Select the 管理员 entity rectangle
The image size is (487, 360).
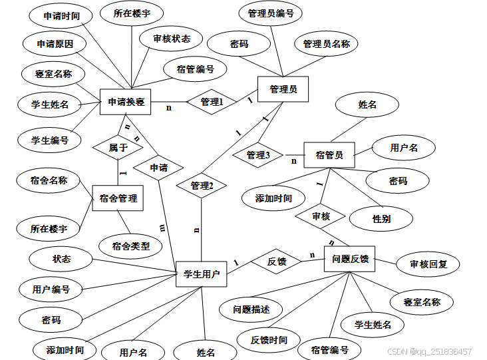pos(283,89)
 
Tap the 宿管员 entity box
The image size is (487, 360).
pos(329,155)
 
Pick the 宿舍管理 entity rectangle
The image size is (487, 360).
pos(118,198)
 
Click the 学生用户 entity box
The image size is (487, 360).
pos(202,273)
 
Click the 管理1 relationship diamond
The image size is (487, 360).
pos(212,102)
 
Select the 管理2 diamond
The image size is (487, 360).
pos(202,186)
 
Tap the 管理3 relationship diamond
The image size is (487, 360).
pos(258,155)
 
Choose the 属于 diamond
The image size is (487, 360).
pos(118,148)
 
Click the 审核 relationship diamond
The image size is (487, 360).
pos(321,216)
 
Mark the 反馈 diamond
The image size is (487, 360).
pos(276,262)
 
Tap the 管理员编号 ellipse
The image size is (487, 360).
pos(271,13)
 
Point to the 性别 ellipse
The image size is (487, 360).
pos(382,218)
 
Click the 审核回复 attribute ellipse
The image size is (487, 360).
pos(429,264)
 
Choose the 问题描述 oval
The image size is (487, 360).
pos(251,309)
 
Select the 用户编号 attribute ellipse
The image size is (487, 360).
pos(51,289)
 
